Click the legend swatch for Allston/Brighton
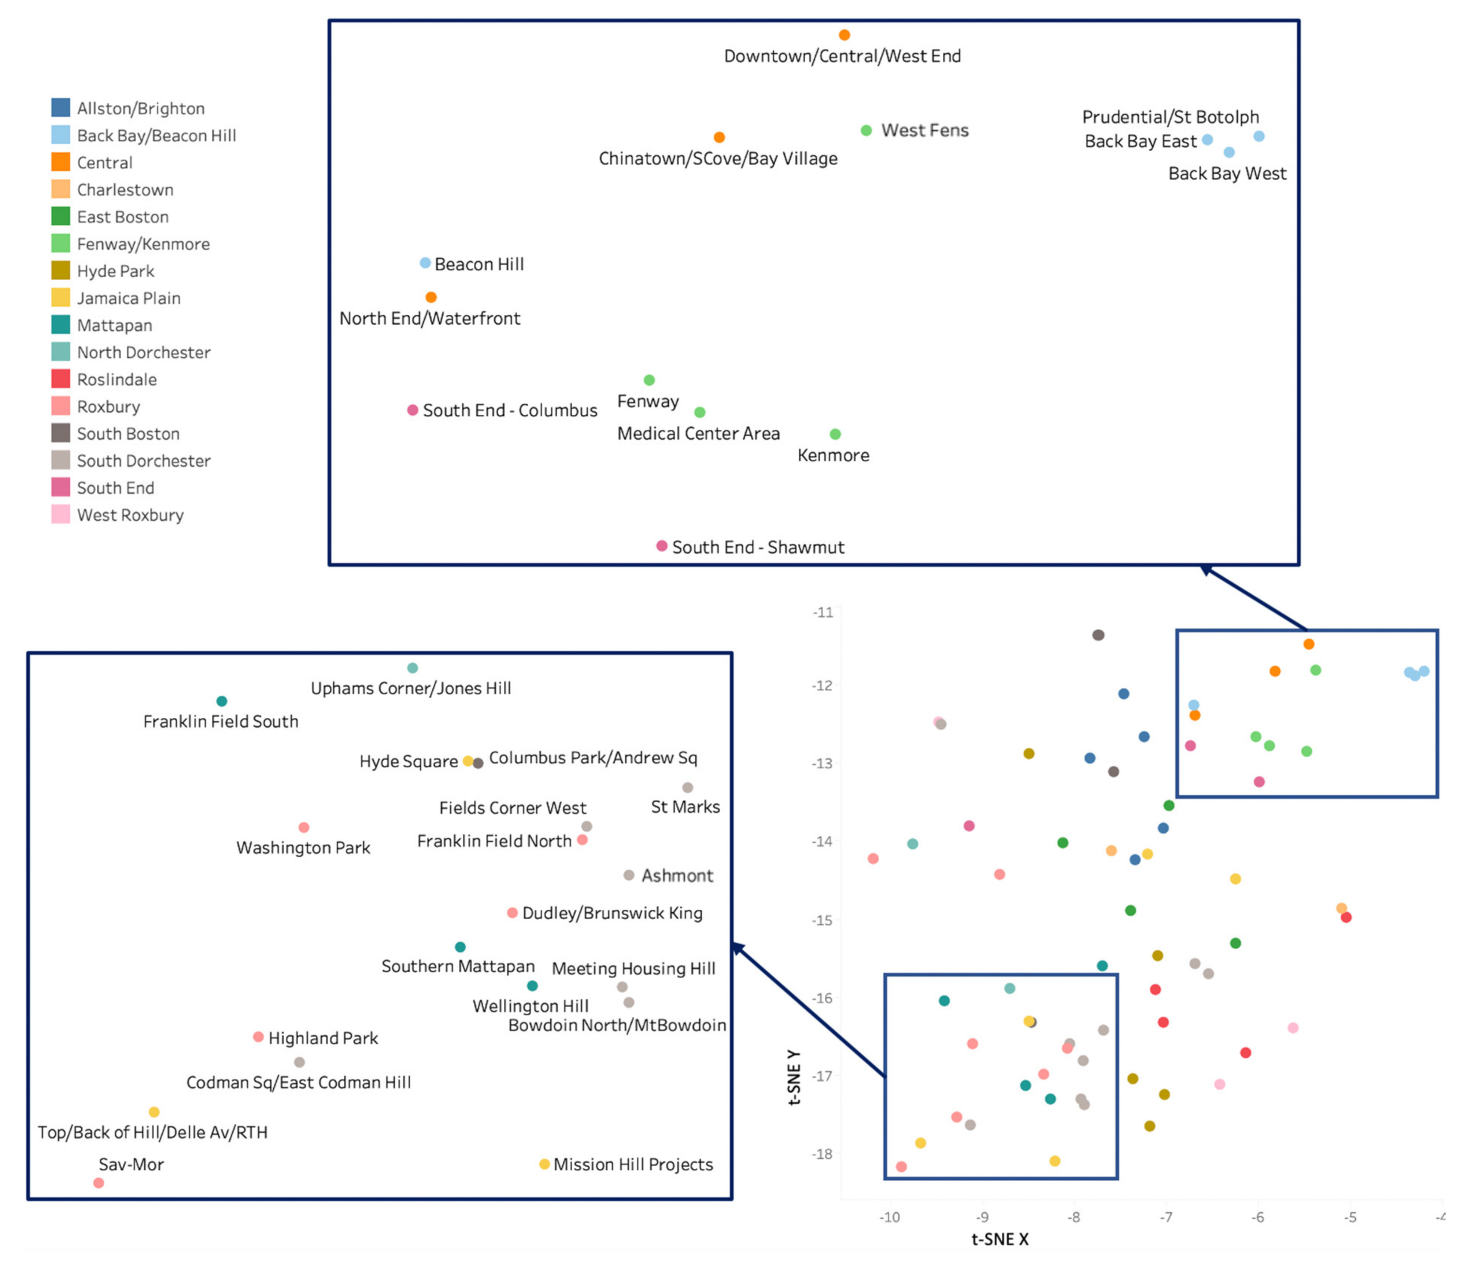click(60, 108)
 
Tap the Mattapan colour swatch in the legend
click(60, 325)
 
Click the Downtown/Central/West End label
click(842, 56)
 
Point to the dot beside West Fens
click(866, 130)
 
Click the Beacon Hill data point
click(425, 263)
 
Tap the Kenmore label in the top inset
click(833, 455)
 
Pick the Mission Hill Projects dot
click(544, 1164)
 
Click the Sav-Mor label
click(131, 1164)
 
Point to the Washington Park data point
click(304, 827)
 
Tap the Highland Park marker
click(258, 1037)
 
